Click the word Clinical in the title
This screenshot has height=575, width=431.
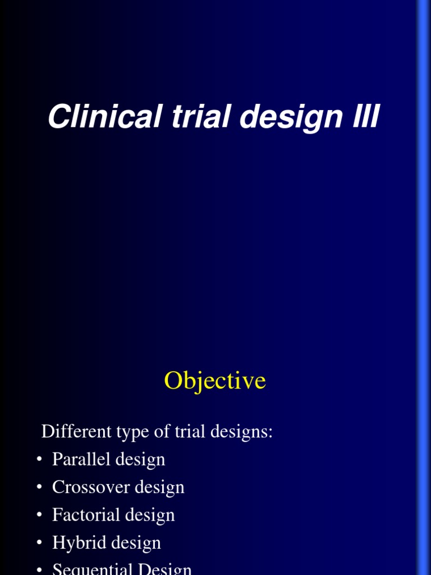tap(93, 117)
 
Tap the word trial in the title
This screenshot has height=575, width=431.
tap(179, 117)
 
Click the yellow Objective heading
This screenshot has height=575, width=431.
tap(215, 381)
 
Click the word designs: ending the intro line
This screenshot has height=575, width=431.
tap(245, 432)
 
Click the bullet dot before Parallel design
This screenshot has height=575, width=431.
tap(39, 460)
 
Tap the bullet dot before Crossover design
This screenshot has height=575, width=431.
tap(39, 487)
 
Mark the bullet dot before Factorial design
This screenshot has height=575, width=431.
tap(39, 515)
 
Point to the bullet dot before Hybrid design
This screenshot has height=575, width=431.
tap(39, 543)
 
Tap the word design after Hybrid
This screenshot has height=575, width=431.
tap(136, 543)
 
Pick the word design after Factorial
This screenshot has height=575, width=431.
tap(150, 515)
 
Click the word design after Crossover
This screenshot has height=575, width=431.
tap(159, 487)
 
